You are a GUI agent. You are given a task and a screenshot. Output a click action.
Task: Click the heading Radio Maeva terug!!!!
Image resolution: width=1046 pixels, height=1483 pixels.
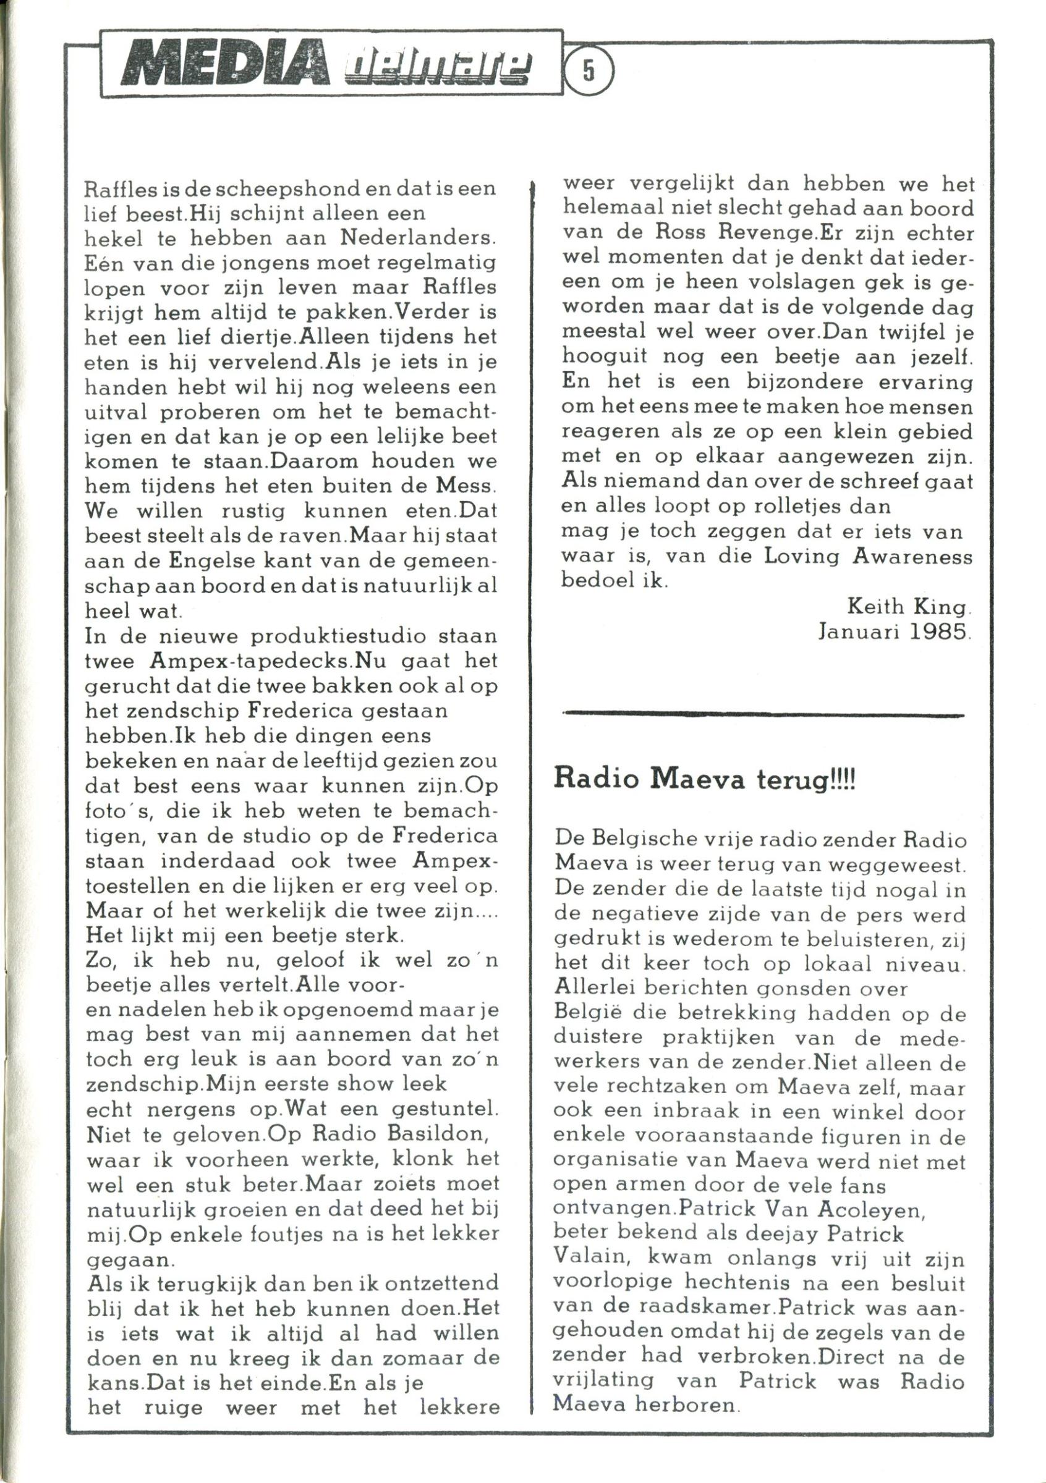704,780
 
